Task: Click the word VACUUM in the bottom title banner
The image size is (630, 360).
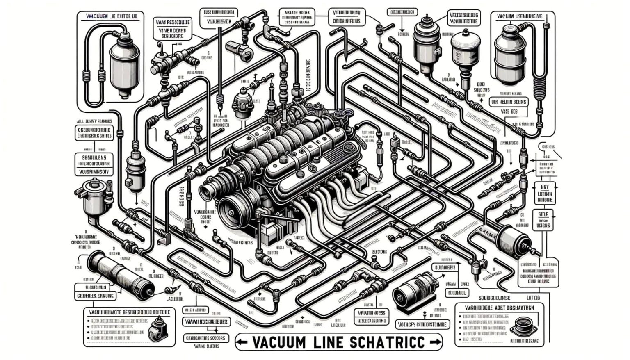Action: point(279,342)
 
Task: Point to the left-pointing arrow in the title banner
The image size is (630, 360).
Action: point(242,342)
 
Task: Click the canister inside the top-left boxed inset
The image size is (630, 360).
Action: point(124,66)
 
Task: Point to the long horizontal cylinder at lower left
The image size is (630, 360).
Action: point(119,273)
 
